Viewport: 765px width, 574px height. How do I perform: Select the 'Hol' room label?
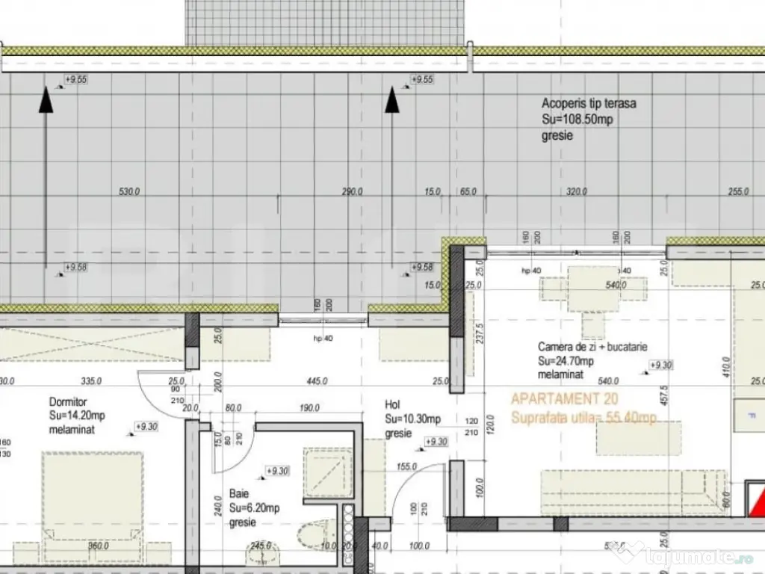coord(393,404)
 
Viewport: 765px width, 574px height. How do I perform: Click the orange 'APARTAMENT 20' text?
coord(564,400)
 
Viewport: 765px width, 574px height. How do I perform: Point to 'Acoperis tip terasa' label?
coord(589,104)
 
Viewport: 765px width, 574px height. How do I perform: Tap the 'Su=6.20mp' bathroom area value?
coord(254,508)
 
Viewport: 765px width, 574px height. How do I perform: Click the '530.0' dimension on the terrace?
coord(130,192)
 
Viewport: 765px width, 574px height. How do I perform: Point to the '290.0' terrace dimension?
coord(352,192)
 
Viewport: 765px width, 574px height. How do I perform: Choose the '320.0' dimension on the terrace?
coord(576,192)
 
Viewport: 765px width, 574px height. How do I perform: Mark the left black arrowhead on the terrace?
coord(46,99)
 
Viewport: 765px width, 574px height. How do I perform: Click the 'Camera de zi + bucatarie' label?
coord(592,347)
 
